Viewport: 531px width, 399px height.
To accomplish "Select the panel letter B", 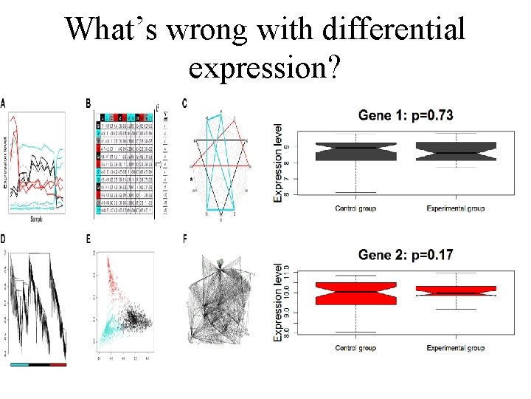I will pos(89,103).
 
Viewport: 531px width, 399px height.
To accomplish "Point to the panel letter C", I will pos(184,103).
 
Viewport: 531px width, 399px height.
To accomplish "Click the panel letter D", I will pos(4,239).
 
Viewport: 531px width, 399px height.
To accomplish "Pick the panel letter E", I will pos(89,239).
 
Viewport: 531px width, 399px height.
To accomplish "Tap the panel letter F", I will pos(184,239).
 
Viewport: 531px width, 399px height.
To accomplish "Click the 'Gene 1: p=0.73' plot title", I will pos(406,115).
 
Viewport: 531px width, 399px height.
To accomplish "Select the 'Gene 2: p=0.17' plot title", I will pos(406,255).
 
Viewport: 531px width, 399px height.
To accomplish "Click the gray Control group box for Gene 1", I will pos(355,151).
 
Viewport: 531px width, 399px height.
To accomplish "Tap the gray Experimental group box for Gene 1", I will pos(456,151).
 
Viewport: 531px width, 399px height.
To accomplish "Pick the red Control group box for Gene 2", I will pos(355,293).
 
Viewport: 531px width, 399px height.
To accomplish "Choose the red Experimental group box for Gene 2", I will pos(456,290).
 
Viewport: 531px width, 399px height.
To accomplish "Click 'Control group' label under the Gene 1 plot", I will pos(355,208).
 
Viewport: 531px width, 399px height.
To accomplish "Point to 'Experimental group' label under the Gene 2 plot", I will pos(456,348).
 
